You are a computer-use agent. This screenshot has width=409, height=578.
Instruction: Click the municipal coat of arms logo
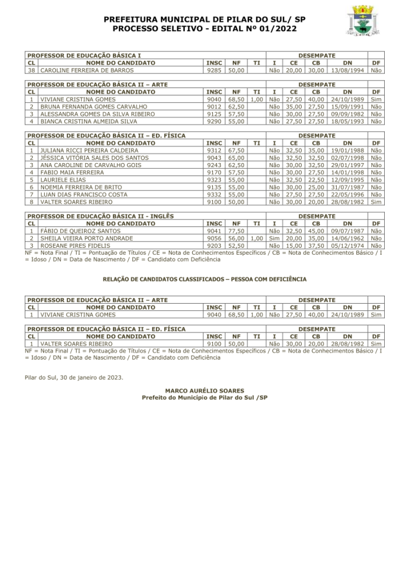[x=362, y=21]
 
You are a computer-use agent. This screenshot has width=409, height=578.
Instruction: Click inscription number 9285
[x=214, y=71]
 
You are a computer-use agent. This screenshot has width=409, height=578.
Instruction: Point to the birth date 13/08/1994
[x=348, y=71]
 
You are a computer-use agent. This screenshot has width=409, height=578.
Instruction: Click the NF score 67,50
[x=236, y=151]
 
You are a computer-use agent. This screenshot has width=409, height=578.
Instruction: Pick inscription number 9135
[x=214, y=187]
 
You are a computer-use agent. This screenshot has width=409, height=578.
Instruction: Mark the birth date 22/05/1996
[x=348, y=195]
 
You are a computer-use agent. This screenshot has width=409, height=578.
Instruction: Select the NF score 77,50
[x=236, y=231]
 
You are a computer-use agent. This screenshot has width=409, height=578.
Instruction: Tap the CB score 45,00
[x=316, y=231]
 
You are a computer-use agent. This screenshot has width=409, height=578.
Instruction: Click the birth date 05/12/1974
[x=348, y=246]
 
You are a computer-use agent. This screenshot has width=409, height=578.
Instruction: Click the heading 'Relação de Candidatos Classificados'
[x=204, y=279]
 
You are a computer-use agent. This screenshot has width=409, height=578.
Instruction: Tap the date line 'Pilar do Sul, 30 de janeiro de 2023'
[x=74, y=377]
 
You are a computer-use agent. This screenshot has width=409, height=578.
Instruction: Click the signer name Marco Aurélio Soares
[x=204, y=391]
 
